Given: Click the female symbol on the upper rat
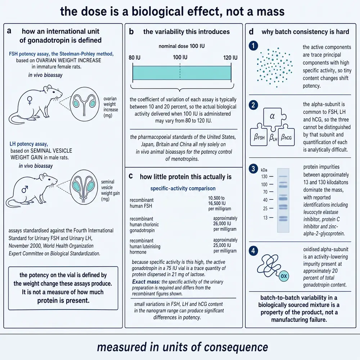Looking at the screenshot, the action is point(30,100).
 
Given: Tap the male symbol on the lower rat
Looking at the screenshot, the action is point(25,189).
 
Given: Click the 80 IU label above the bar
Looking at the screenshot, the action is point(135,57).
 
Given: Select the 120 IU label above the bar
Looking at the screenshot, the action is point(230,57).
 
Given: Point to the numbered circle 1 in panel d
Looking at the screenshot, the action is point(253,46).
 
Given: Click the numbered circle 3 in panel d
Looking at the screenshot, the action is point(253,169).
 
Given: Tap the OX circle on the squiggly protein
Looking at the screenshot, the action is point(284,276).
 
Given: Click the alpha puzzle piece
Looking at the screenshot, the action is point(273,117).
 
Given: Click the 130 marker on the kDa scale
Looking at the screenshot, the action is point(264,176).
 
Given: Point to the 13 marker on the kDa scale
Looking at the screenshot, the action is point(265,218).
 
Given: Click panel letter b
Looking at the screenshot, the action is point(131,31).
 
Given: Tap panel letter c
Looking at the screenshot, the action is point(131,176).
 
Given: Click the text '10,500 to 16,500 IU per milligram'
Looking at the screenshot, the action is point(220,203).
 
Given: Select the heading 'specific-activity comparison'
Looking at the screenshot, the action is point(183,189).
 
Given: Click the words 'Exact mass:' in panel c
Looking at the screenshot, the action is point(146,282).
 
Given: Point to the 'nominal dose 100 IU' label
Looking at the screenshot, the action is point(181,46).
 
